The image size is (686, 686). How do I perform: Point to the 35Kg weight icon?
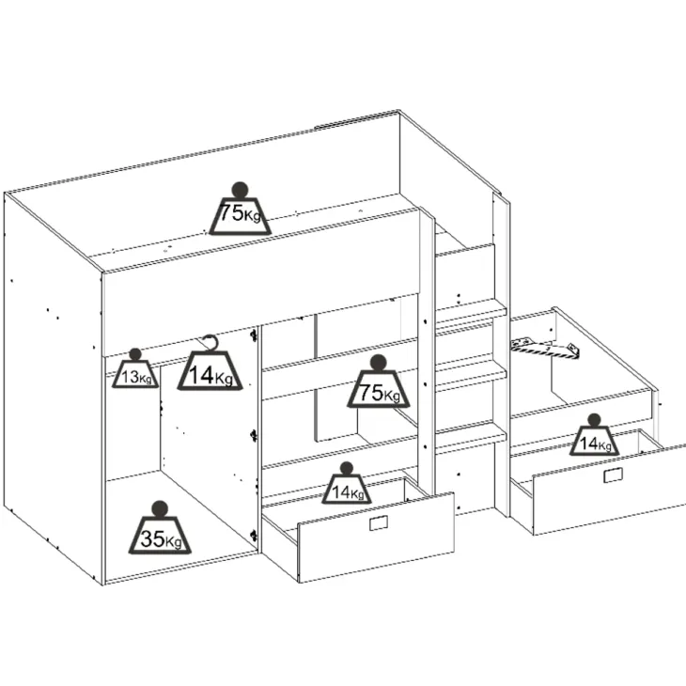(160, 528)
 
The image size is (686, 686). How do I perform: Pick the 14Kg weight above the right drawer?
(594, 435)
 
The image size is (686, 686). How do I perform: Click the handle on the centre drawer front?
(379, 522)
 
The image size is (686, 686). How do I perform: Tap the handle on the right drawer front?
(613, 476)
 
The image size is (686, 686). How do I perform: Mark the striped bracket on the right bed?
(546, 348)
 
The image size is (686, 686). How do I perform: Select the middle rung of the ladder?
(471, 380)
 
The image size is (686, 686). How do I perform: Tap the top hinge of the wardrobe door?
(253, 335)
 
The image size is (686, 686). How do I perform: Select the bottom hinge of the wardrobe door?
(253, 535)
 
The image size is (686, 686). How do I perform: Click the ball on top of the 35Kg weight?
(160, 508)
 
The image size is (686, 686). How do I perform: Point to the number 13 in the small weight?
(130, 376)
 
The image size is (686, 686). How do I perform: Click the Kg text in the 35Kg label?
(173, 542)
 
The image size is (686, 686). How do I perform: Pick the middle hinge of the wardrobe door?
(253, 435)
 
